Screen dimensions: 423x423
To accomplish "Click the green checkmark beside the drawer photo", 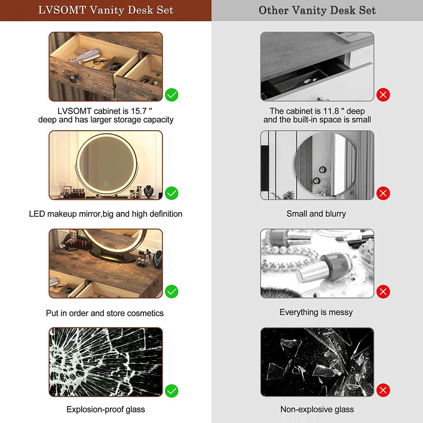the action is tap(171, 95).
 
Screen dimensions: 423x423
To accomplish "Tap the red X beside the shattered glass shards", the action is tap(383, 390).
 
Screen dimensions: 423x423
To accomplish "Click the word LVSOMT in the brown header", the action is tap(62, 10).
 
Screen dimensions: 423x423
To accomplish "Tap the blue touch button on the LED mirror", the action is tap(106, 184).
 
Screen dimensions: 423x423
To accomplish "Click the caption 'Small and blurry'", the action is tap(316, 214).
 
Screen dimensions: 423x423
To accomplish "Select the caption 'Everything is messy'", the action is tap(316, 312).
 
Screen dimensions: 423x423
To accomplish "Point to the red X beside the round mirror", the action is tap(383, 193).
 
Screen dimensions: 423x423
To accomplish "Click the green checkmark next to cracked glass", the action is tap(171, 391).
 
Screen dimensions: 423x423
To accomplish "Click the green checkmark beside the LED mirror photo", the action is tap(171, 193).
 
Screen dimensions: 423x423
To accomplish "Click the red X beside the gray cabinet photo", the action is tap(383, 95).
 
